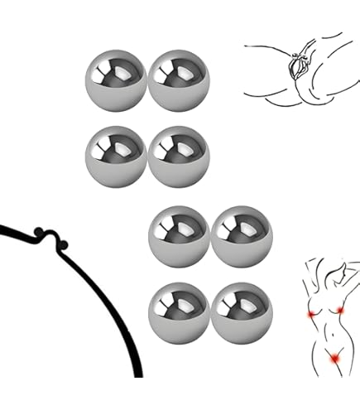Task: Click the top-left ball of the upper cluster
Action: pos(116,80)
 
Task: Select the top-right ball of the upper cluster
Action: pos(179,80)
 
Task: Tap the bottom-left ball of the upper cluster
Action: pos(116,156)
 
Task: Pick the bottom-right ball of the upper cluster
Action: pos(179,156)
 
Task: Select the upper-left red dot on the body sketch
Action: pos(311,315)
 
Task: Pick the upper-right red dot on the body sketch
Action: pos(341,309)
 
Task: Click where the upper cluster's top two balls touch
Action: pos(147,80)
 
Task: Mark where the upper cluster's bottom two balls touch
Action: pos(147,156)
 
